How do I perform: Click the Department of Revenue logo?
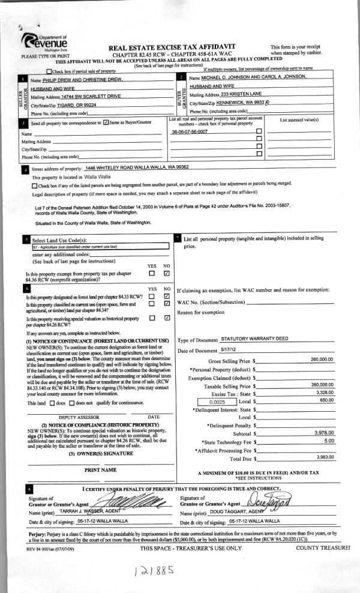pyautogui.click(x=44, y=41)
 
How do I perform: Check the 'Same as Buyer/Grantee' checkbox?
pyautogui.click(x=106, y=122)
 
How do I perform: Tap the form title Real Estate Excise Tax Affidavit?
pyautogui.click(x=172, y=47)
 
